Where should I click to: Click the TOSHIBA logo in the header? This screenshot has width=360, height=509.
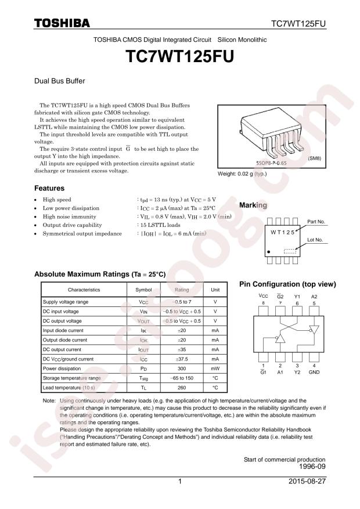62,23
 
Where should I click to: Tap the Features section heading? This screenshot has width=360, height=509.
49,189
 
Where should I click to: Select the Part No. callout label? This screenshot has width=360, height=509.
316,222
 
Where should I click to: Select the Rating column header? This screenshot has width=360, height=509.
182,290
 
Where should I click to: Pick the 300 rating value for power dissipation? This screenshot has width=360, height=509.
182,369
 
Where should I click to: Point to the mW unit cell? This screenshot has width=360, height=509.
215,369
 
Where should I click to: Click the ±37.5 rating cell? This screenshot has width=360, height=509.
182,359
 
